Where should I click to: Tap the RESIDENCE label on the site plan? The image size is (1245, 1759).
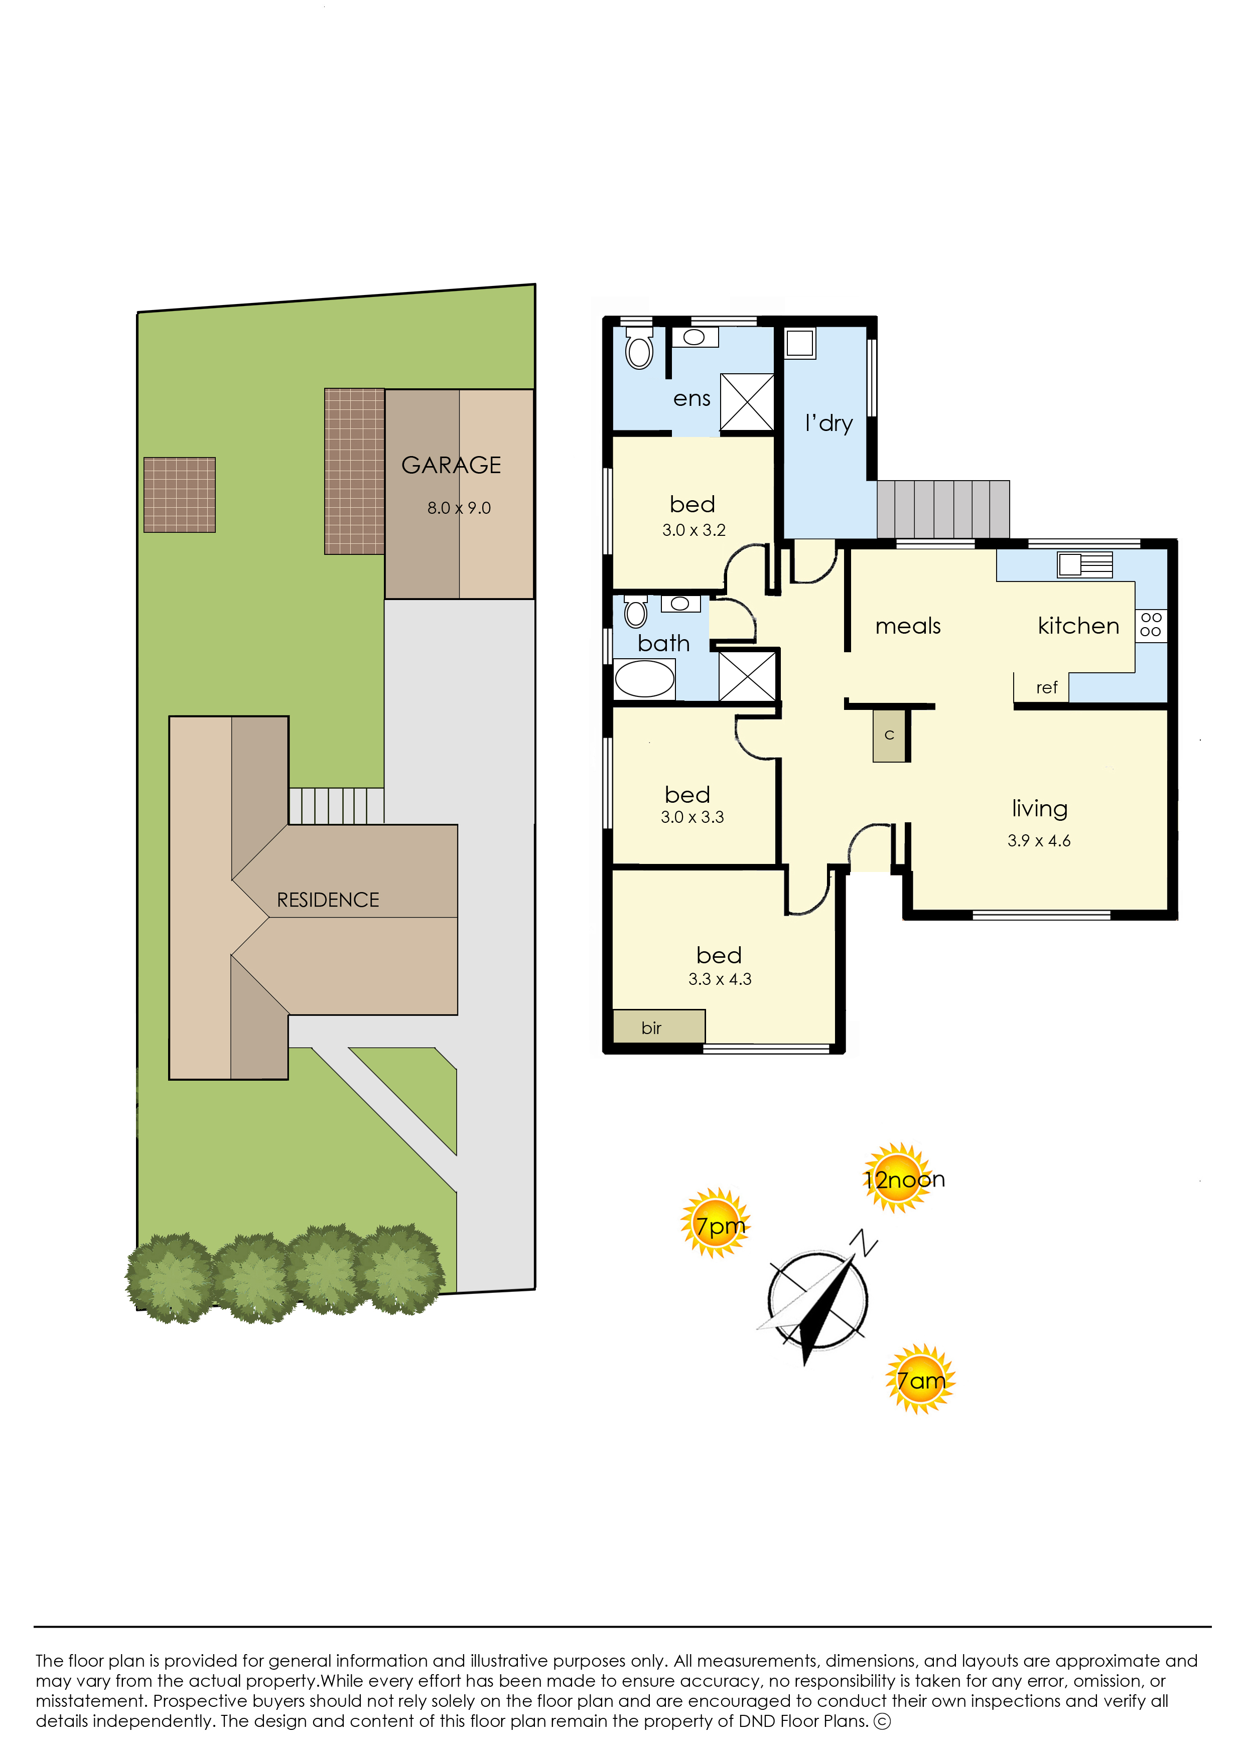(328, 900)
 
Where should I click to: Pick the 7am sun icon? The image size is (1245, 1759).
(920, 1380)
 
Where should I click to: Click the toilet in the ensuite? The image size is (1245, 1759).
(639, 348)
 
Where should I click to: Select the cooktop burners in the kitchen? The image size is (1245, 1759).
(1151, 625)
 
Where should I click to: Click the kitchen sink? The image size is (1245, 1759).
(1085, 564)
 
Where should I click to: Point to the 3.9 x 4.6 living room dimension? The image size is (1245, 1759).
(1039, 841)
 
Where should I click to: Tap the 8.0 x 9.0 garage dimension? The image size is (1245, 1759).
(459, 508)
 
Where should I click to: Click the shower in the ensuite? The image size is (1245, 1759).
(747, 402)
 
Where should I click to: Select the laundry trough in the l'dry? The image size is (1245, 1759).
(799, 343)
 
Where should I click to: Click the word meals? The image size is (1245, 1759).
(908, 626)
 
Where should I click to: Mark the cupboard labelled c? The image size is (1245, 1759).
(889, 735)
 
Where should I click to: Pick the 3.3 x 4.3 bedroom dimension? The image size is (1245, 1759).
(720, 979)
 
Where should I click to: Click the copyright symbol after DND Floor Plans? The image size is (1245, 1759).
(882, 1721)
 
